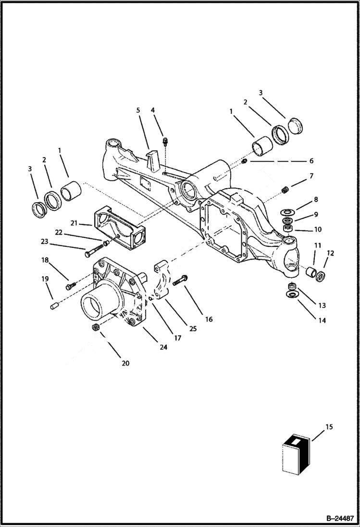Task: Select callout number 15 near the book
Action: (329, 427)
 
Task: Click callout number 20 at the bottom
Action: (125, 363)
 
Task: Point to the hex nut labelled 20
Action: (95, 327)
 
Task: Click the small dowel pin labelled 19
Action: (54, 305)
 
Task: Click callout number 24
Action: (163, 347)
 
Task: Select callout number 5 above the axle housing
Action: (138, 110)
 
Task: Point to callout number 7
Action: (311, 176)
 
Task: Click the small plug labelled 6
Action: (244, 160)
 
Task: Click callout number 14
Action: (322, 320)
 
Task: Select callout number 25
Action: (193, 329)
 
